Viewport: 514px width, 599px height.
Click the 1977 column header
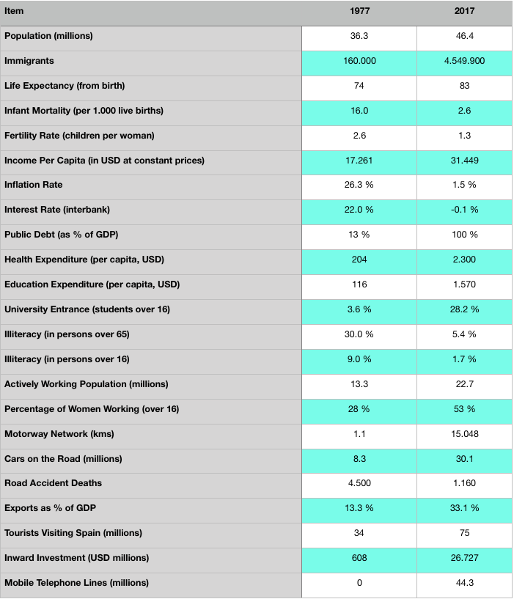coord(359,11)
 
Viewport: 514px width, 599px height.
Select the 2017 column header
coord(464,11)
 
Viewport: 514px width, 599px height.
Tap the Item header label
coord(14,11)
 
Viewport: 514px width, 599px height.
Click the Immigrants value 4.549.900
coord(464,61)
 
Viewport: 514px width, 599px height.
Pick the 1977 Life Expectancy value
coord(359,86)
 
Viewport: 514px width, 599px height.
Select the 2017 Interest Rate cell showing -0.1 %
coord(464,210)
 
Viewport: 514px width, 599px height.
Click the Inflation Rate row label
coord(34,185)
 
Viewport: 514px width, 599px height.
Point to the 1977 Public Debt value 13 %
coord(359,235)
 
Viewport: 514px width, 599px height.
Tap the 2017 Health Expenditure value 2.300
coord(464,260)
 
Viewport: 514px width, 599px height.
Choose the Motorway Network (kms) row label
coord(59,434)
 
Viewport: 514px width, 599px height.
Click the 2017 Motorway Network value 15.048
coord(464,434)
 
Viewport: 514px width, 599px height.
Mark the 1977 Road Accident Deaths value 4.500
coord(359,483)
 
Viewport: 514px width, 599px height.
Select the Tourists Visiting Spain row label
coord(73,533)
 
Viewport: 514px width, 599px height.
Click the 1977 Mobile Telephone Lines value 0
coord(359,583)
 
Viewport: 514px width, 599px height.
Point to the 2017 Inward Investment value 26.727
coord(464,558)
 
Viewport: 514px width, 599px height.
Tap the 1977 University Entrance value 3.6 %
coord(359,309)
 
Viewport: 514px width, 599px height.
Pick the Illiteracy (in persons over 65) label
coord(67,334)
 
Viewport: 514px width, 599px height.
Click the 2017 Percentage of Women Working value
coord(464,409)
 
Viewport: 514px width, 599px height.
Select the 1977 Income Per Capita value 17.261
coord(359,161)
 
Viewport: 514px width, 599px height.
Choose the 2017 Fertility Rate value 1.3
coord(464,136)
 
